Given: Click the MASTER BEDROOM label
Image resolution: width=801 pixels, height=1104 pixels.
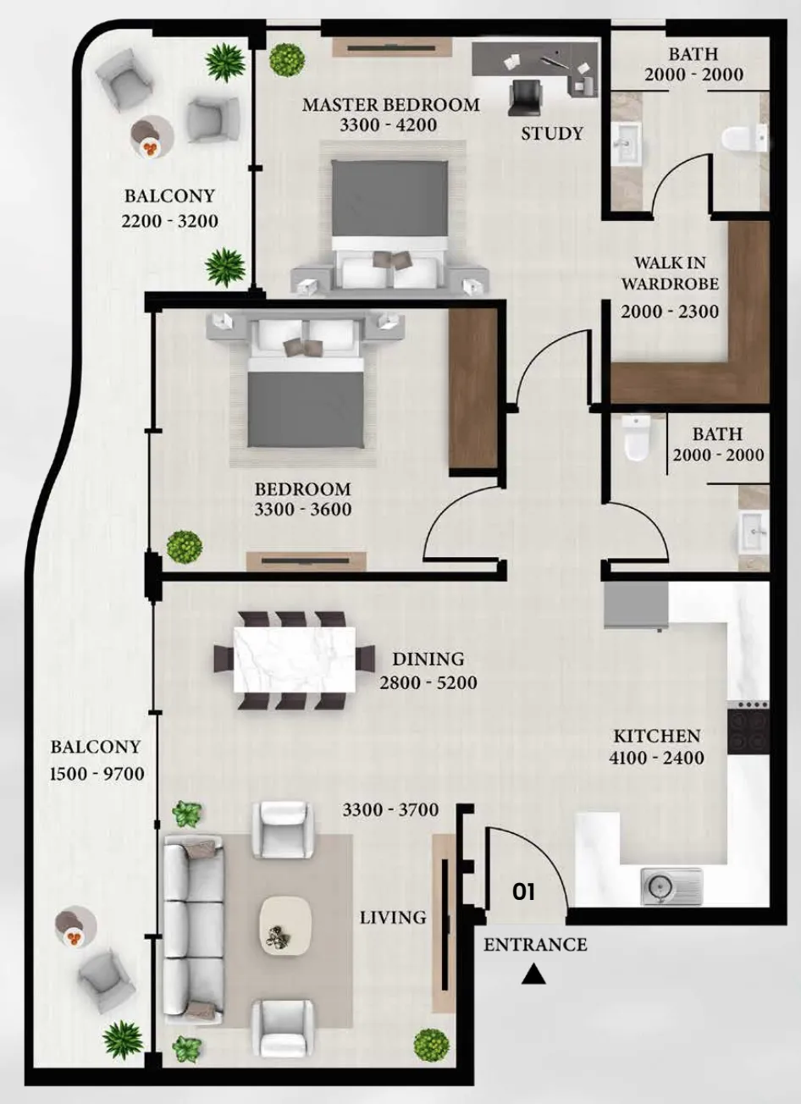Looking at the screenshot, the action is coord(390,105).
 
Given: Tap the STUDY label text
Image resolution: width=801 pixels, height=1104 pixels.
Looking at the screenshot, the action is coord(552,134).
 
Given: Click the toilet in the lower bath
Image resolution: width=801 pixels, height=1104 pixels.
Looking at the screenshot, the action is coord(636,437).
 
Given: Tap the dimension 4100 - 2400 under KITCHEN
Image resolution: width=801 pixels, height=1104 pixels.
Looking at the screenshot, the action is coord(656,758).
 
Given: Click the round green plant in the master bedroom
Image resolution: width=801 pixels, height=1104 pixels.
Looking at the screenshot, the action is coord(287,59).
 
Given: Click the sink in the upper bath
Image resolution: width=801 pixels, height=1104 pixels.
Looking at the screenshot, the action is coord(627,143).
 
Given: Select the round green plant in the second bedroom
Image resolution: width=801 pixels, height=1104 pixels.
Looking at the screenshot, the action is coord(185,547).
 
